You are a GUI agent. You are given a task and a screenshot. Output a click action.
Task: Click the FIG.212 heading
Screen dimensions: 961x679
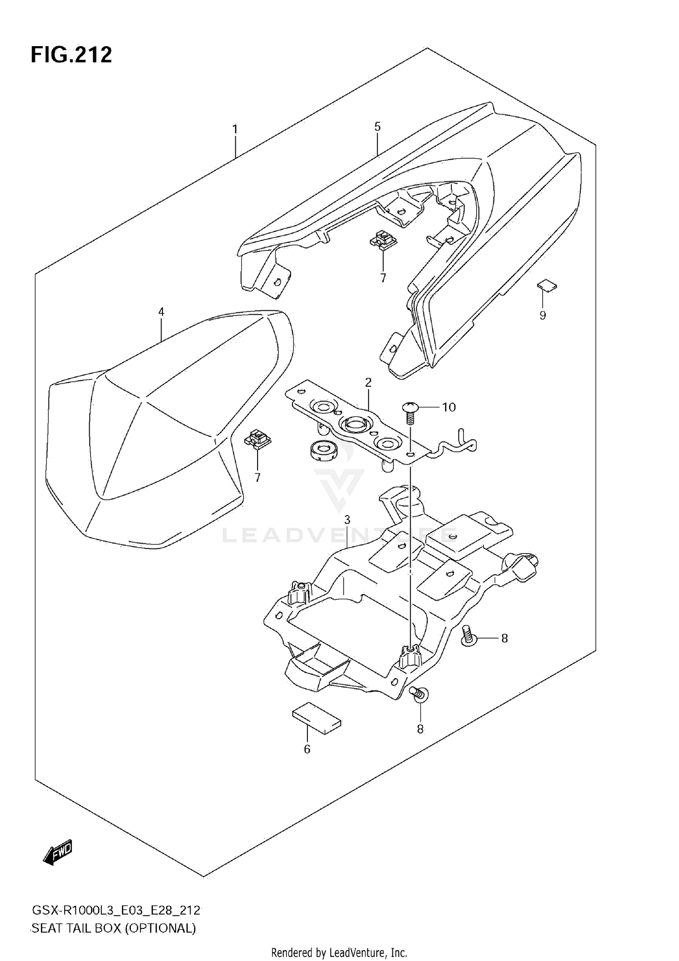point(71,55)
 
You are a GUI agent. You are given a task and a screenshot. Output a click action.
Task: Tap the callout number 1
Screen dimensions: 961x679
point(235,130)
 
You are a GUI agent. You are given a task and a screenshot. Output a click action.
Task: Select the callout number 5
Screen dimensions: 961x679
point(378,127)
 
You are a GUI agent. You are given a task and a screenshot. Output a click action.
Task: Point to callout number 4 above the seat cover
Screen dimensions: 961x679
point(161,312)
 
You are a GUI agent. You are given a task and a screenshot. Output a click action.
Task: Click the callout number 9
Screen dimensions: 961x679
point(543,316)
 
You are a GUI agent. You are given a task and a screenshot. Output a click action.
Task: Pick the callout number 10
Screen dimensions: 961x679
point(449,407)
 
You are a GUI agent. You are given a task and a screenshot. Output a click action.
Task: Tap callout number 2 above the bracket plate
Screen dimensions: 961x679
point(368,383)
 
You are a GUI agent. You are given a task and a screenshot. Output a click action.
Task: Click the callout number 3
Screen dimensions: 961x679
point(347,520)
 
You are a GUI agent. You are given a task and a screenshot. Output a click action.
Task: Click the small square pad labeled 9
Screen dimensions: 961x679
point(547,286)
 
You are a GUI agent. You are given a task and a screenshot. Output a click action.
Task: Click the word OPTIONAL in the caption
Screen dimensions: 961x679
point(160,929)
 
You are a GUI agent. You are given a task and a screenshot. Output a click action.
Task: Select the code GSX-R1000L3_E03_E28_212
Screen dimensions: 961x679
point(116,910)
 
